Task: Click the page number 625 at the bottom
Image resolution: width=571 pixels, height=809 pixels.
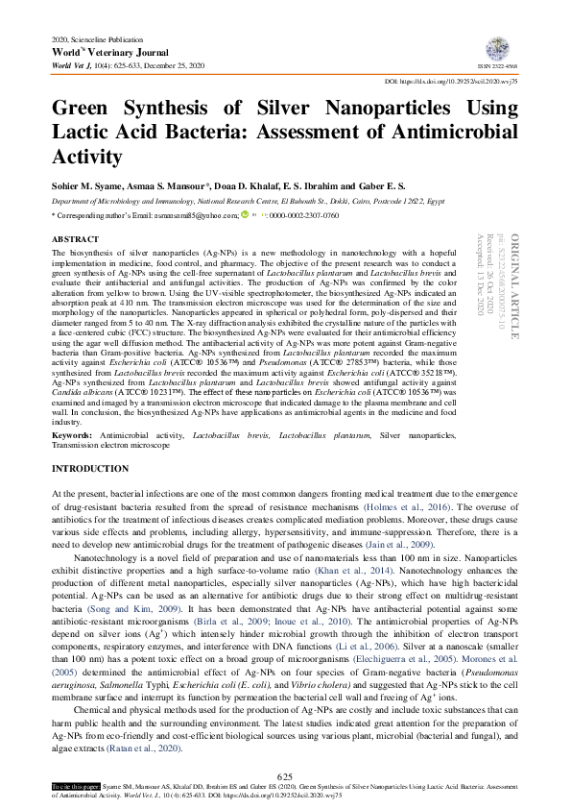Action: (284, 776)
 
